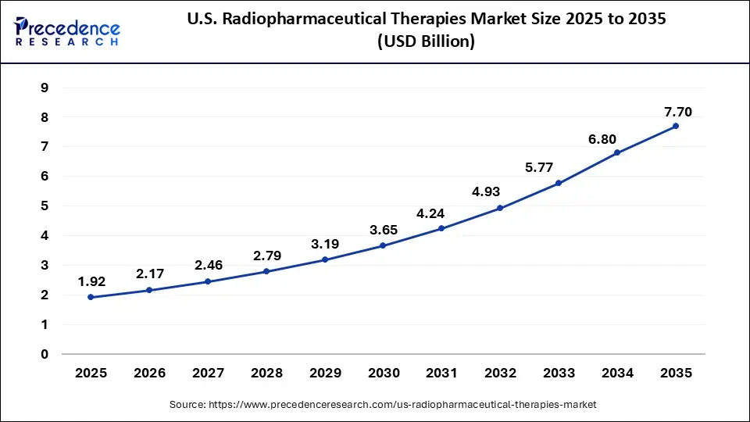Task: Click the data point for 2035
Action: (x=676, y=126)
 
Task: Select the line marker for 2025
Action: (x=91, y=297)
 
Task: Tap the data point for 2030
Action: (x=383, y=245)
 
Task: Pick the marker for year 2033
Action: (x=559, y=183)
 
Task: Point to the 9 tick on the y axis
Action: (x=44, y=88)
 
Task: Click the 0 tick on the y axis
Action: (x=44, y=354)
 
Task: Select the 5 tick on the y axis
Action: (x=44, y=206)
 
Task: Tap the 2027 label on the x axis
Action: (x=208, y=374)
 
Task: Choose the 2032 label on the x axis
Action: (x=500, y=374)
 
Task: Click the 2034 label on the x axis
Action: (x=617, y=374)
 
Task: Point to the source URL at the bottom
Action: (x=383, y=405)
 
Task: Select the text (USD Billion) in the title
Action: (x=425, y=41)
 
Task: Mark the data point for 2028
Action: (x=266, y=271)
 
